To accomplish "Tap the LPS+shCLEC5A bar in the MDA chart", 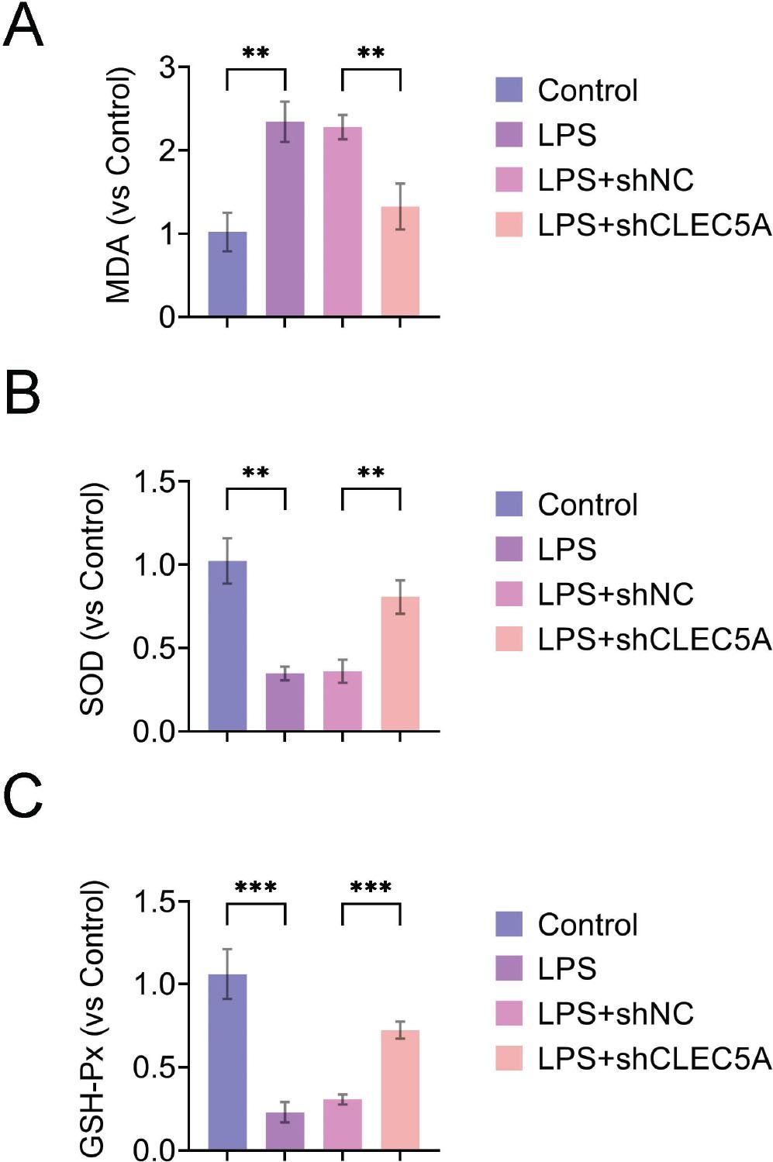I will pyautogui.click(x=400, y=261).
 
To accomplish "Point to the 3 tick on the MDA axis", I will pyautogui.click(x=167, y=68).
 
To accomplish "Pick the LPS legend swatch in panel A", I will pyautogui.click(x=509, y=135).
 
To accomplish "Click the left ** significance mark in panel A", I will pyautogui.click(x=256, y=53).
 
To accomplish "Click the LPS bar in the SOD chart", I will pyautogui.click(x=285, y=702).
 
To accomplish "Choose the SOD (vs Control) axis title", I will pyautogui.click(x=92, y=598).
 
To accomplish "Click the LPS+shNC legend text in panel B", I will pyautogui.click(x=616, y=595).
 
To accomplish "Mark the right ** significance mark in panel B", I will pyautogui.click(x=371, y=472).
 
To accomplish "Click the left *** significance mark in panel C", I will pyautogui.click(x=256, y=887).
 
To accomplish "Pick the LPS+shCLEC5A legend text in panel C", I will pyautogui.click(x=654, y=1058).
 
